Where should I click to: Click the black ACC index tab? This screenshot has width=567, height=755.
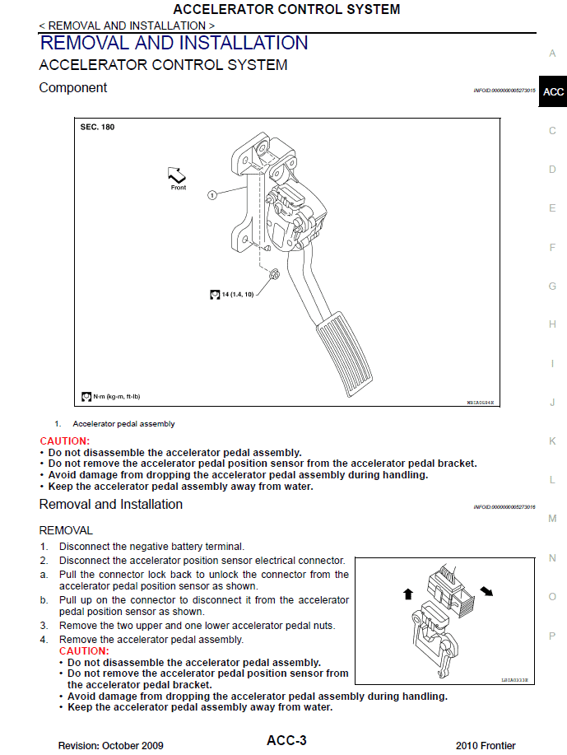553,91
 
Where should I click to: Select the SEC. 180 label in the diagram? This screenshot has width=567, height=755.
97,128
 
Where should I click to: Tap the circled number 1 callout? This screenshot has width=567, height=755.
211,195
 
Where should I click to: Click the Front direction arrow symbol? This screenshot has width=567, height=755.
177,174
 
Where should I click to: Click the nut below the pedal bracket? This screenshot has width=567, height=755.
274,274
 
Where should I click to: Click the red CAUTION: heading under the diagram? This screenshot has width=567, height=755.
64,441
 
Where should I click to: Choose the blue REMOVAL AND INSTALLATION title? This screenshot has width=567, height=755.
174,43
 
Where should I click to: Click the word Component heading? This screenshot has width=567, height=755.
73,87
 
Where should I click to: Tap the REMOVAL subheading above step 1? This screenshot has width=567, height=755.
66,530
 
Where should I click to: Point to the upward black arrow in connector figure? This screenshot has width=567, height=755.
407,594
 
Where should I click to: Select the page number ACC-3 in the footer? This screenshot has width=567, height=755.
286,741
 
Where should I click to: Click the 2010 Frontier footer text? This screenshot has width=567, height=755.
486,745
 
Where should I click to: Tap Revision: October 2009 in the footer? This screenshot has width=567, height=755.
110,745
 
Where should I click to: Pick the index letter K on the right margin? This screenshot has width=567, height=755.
552,441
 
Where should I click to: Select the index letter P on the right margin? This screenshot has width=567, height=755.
552,636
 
